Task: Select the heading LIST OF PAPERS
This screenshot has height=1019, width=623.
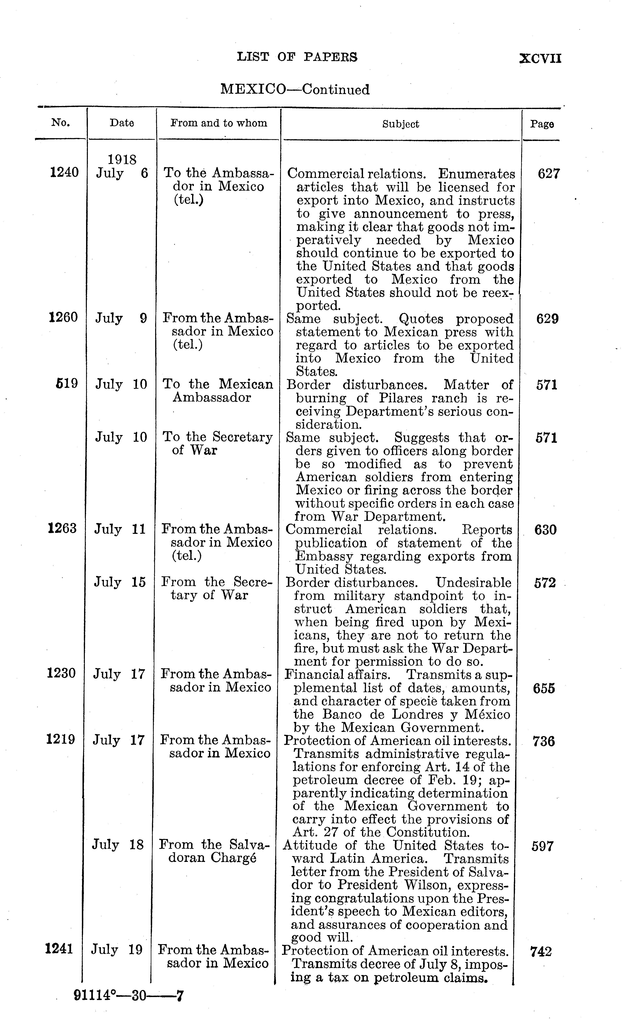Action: click(297, 57)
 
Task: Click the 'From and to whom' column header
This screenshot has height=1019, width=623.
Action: click(219, 123)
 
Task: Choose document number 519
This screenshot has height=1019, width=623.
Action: click(67, 384)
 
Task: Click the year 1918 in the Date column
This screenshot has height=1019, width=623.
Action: click(122, 159)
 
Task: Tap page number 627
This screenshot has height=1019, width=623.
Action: click(549, 174)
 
